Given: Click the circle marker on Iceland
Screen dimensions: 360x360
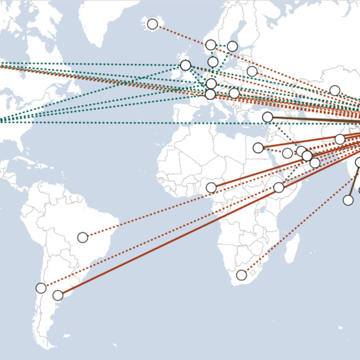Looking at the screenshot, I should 152,24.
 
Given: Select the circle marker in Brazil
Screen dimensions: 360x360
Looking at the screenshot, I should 83,237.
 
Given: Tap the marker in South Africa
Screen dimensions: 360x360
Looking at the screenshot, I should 242,275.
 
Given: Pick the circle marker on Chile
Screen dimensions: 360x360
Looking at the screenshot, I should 41,288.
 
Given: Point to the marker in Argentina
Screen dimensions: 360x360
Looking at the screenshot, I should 58,295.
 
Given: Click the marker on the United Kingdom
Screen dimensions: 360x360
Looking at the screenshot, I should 185,65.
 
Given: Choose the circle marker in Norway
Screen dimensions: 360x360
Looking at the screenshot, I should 211,45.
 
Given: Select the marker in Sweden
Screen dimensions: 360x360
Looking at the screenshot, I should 232,46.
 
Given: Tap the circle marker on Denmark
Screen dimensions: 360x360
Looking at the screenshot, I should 213,62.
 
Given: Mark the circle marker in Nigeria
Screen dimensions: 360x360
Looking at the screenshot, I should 211,187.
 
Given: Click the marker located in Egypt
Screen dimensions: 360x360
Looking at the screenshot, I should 258,148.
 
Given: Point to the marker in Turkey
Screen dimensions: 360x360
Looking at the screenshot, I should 268,117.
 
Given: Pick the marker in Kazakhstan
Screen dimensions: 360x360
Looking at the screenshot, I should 335,90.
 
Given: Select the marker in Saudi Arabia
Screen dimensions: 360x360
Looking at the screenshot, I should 287,153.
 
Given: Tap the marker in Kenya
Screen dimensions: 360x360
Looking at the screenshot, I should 279,187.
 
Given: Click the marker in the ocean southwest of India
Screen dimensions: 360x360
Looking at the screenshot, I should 348,200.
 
